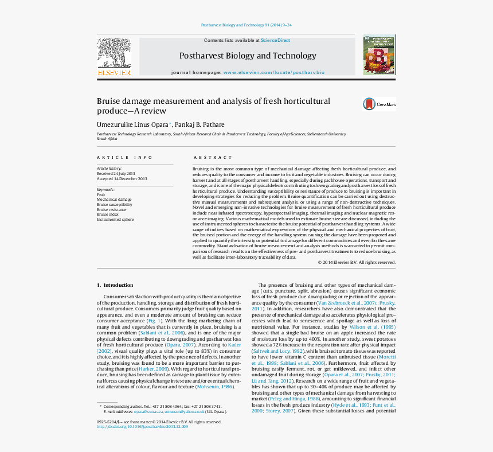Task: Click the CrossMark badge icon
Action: pos(370,104)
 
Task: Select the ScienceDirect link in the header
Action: pos(275,41)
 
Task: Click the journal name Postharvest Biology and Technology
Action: pos(248,56)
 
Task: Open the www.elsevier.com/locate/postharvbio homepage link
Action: pos(273,73)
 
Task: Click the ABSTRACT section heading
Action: pos(213,157)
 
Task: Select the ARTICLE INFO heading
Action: pos(124,157)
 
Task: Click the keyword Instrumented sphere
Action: pos(115,219)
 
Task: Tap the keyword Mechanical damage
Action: pos(114,200)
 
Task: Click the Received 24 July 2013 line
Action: pos(116,173)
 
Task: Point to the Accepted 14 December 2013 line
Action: pos(122,178)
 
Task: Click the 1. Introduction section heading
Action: pos(115,285)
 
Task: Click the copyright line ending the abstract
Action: pos(357,262)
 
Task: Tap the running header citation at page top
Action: pos(246,25)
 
